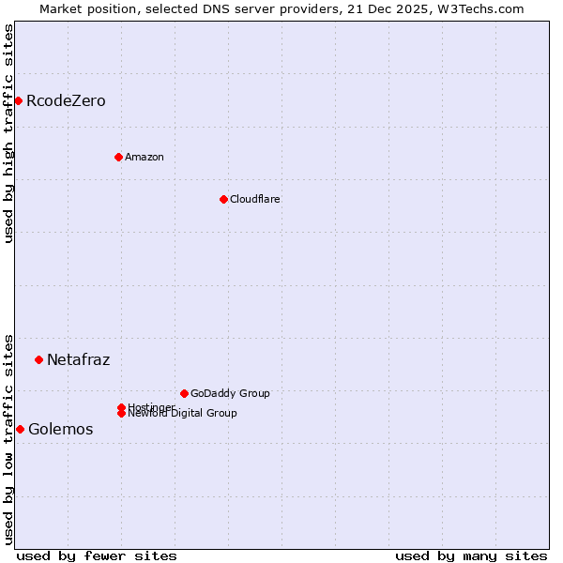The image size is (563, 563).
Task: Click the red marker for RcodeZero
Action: tap(18, 100)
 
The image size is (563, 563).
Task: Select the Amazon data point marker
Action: tap(118, 157)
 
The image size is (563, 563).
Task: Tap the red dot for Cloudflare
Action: tap(223, 199)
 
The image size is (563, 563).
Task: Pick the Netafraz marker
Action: tap(38, 359)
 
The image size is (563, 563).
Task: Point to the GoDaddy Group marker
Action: tap(184, 393)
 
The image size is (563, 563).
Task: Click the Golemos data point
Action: tap(20, 429)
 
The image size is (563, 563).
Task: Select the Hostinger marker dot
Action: tap(121, 407)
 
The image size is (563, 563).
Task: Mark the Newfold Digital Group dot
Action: tap(121, 413)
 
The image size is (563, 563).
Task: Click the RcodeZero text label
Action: tap(66, 100)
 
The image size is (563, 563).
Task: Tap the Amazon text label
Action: tap(145, 157)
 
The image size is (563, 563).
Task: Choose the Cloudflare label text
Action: tap(255, 199)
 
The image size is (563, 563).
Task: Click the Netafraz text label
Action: tap(78, 359)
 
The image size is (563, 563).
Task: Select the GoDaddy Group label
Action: tap(230, 393)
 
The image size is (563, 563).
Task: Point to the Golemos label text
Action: tap(60, 429)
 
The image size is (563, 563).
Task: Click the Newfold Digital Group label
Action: tap(183, 414)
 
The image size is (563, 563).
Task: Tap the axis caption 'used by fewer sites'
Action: tap(97, 555)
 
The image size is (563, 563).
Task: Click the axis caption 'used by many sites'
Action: tap(471, 555)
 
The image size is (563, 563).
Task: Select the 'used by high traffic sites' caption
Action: tap(8, 133)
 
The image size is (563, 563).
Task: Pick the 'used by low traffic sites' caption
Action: tap(8, 438)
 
